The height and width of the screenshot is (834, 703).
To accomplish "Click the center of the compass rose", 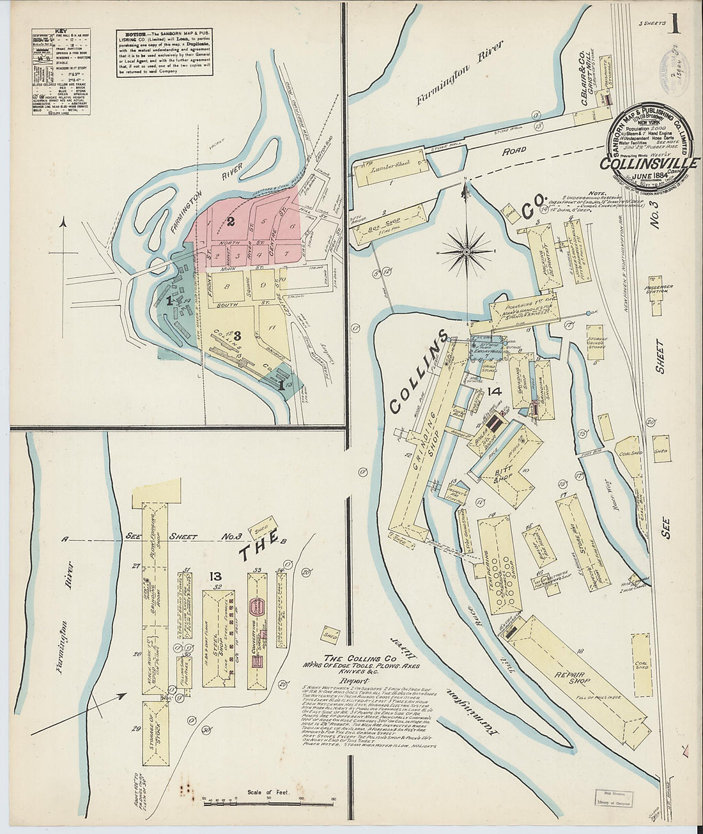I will click(x=466, y=252).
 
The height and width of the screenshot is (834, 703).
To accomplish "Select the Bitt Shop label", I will click(x=505, y=476).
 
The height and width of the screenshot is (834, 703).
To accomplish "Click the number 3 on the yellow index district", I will click(x=236, y=335).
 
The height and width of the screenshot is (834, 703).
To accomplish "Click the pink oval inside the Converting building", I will click(x=257, y=604).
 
